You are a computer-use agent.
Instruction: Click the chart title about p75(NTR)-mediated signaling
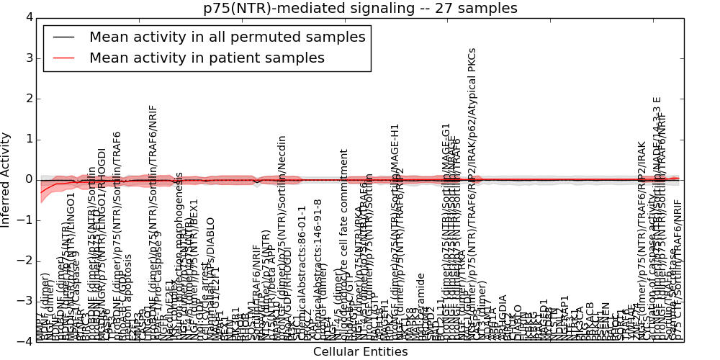pyautogui.click(x=360, y=9)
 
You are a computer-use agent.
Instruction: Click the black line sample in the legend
pyautogui.click(x=63, y=37)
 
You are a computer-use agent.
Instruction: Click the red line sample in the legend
pyautogui.click(x=63, y=58)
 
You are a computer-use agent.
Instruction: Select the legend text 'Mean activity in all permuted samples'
pyautogui.click(x=228, y=37)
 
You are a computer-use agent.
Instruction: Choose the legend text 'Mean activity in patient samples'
pyautogui.click(x=207, y=58)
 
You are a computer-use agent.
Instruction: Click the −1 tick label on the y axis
pyautogui.click(x=24, y=220)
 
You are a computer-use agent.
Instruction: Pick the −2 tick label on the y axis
pyautogui.click(x=24, y=261)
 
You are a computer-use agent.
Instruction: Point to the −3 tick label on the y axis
pyautogui.click(x=24, y=301)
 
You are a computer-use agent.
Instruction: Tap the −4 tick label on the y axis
pyautogui.click(x=24, y=341)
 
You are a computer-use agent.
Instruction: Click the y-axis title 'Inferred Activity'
pyautogui.click(x=6, y=179)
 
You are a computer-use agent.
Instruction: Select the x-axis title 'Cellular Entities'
pyautogui.click(x=360, y=352)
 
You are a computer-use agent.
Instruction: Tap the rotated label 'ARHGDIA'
pyautogui.click(x=503, y=317)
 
